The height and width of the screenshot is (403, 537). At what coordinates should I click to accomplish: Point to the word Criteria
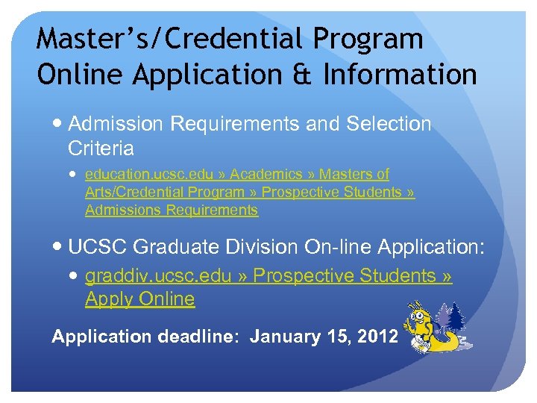(x=100, y=149)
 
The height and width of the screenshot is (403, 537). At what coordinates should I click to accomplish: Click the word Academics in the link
(x=267, y=174)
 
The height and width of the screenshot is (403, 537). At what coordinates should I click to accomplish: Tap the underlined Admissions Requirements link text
(x=172, y=210)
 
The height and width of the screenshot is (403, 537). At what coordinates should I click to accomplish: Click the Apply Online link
(x=139, y=299)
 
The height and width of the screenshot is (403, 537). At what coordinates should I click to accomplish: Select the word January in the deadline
(x=285, y=337)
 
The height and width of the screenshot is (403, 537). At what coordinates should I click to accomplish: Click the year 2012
(x=377, y=337)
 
